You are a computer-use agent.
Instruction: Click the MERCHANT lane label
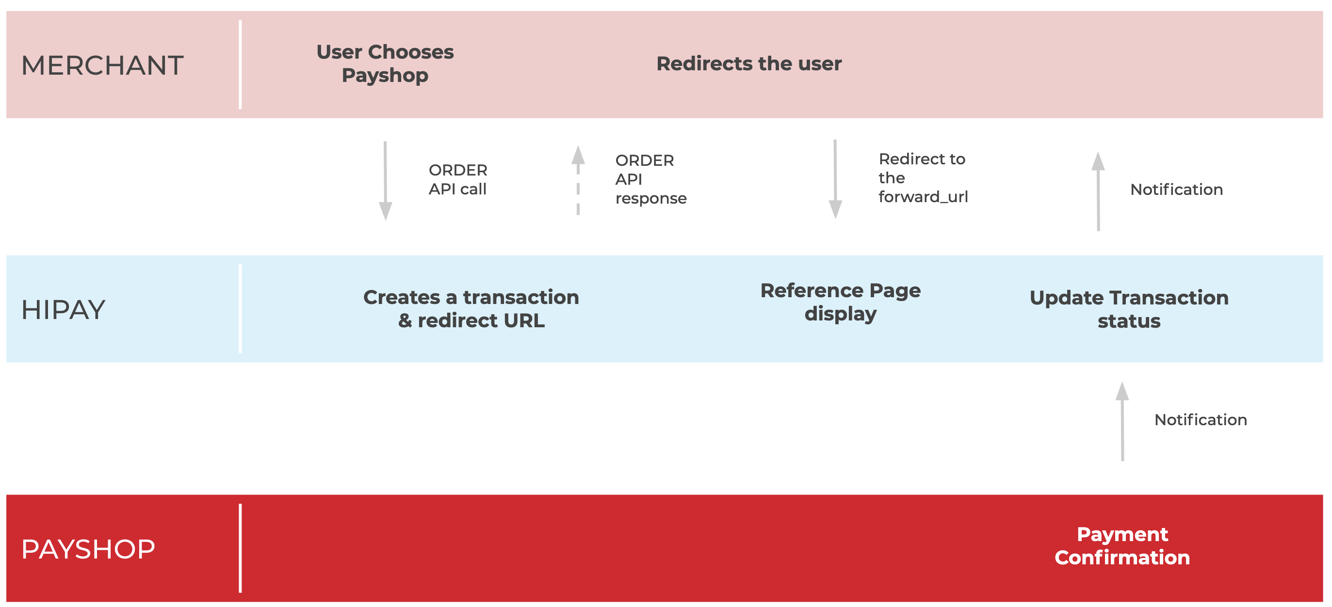pyautogui.click(x=102, y=65)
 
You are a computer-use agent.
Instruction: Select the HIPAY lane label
pyautogui.click(x=63, y=310)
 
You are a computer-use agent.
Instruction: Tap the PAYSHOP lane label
pyautogui.click(x=88, y=549)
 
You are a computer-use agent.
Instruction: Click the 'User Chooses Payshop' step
pyautogui.click(x=385, y=63)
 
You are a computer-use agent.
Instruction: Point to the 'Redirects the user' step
pyautogui.click(x=749, y=64)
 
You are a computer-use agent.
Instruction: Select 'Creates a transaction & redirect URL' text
pyautogui.click(x=471, y=309)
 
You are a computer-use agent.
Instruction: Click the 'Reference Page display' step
pyautogui.click(x=840, y=303)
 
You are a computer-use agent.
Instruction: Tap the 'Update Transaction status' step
pyautogui.click(x=1129, y=309)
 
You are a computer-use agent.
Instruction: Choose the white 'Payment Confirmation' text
pyautogui.click(x=1122, y=545)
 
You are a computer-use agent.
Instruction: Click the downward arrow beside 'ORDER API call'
pyautogui.click(x=385, y=181)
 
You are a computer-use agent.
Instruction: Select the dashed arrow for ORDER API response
pyautogui.click(x=578, y=180)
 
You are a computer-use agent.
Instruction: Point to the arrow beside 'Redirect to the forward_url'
pyautogui.click(x=835, y=179)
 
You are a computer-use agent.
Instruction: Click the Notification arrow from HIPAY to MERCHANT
pyautogui.click(x=1098, y=191)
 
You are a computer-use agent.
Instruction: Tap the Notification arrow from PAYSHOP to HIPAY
pyautogui.click(x=1122, y=421)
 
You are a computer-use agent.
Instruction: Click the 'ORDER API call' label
pyautogui.click(x=457, y=179)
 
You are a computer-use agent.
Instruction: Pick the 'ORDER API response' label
pyautogui.click(x=651, y=179)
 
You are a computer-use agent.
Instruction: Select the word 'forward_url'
pyautogui.click(x=923, y=197)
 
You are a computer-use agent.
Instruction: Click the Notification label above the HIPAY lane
pyautogui.click(x=1176, y=190)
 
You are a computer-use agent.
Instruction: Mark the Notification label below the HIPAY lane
pyautogui.click(x=1201, y=420)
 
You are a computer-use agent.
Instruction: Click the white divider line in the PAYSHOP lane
pyautogui.click(x=241, y=548)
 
